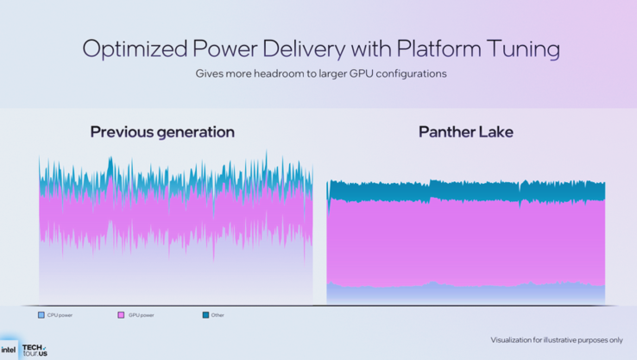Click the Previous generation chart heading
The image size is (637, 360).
coord(162,132)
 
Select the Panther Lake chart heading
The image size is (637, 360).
coord(465,132)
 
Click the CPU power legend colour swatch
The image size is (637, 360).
coord(41,315)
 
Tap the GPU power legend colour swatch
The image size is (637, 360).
coord(121,315)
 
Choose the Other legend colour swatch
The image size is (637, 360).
coord(205,315)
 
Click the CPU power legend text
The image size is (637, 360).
coord(60,315)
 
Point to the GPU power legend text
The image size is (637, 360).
coord(141,315)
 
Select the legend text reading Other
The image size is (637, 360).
coord(218,315)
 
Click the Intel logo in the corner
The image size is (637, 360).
coord(8,350)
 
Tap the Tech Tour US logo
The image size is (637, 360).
coord(35,350)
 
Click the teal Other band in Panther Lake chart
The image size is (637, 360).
coord(466,191)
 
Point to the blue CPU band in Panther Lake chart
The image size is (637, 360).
coord(466,294)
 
